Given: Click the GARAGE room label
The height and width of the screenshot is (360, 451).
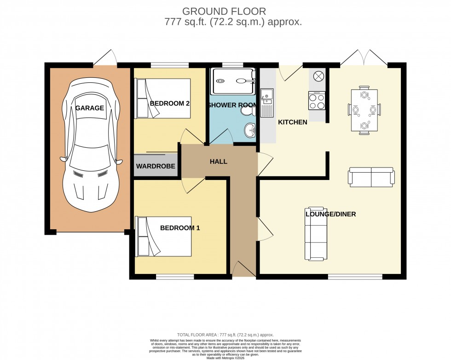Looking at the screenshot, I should [x=90, y=108].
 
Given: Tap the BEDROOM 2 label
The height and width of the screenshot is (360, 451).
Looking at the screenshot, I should [x=170, y=103].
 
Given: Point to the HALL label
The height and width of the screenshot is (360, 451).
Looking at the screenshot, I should [x=219, y=162].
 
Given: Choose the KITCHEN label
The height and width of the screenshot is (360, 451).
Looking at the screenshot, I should [x=292, y=122].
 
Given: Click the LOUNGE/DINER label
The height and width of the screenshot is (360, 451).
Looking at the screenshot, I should [x=330, y=214].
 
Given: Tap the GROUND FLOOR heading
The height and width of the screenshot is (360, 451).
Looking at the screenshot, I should [x=224, y=11].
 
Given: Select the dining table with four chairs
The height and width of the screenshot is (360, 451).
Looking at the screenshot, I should [x=364, y=110].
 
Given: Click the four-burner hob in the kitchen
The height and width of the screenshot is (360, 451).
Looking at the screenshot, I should [x=317, y=100].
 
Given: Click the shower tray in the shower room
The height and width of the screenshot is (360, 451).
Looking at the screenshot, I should [x=232, y=81].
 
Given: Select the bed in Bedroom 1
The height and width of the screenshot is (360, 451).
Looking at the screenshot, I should [x=163, y=236].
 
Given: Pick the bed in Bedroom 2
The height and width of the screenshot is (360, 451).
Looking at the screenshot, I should [x=162, y=98].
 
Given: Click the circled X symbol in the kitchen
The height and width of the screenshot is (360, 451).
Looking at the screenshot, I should [x=318, y=76].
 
